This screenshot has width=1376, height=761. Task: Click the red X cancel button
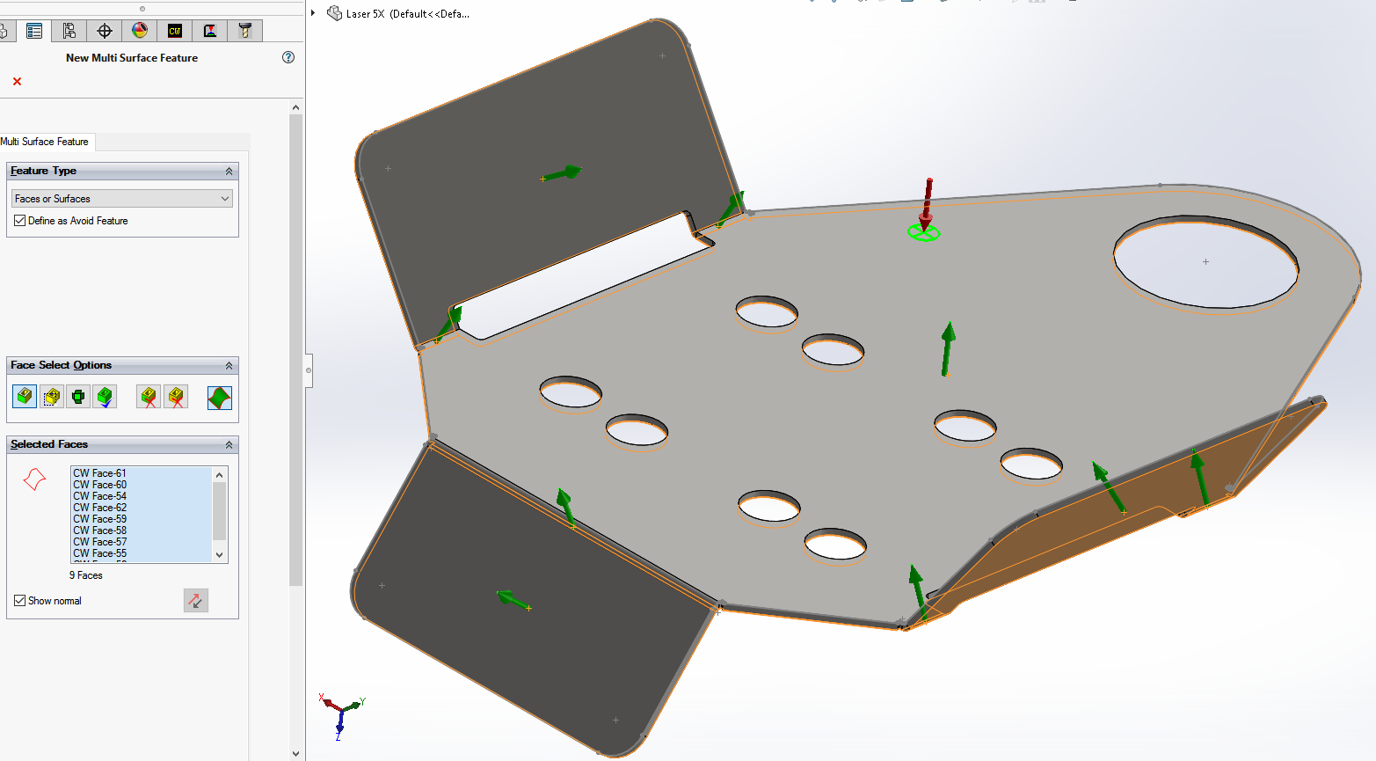(18, 81)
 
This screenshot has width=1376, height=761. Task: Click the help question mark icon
(288, 57)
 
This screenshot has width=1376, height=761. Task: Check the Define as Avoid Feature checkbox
(19, 220)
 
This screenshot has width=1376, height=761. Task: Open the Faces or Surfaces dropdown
(121, 199)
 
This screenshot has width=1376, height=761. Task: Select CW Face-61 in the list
(99, 472)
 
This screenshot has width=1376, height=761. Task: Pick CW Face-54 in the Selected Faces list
(99, 496)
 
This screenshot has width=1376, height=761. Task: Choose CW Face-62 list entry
(99, 507)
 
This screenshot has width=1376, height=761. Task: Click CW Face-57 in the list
(99, 542)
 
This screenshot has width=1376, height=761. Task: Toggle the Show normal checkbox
(19, 601)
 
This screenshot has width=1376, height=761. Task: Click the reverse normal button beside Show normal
(196, 601)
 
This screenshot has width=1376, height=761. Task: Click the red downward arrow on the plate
(927, 202)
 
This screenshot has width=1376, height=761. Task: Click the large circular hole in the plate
(1205, 262)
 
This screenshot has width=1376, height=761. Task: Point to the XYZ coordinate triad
(341, 716)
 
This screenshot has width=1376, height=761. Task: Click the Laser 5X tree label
(407, 13)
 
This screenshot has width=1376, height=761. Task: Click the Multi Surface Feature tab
(46, 142)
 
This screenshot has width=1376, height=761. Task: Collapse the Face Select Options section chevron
(229, 365)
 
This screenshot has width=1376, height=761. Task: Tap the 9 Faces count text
(86, 575)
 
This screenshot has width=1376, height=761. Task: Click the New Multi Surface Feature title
(132, 58)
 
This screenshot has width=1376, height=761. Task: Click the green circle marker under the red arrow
(924, 233)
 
